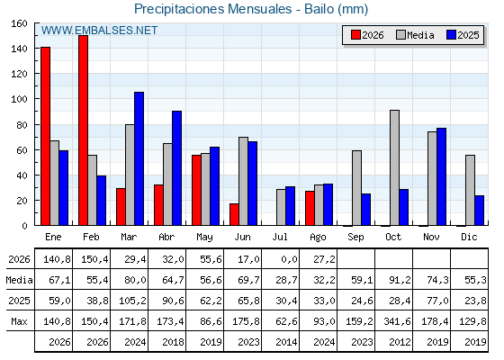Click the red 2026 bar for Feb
click(83, 130)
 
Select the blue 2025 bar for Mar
click(139, 158)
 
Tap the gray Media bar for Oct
click(394, 167)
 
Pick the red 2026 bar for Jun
click(234, 214)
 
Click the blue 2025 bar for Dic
click(479, 211)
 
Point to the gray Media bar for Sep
click(356, 188)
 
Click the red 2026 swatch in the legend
click(355, 35)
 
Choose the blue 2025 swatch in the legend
click(451, 35)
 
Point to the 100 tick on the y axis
click(37, 99)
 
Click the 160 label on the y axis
click(19, 23)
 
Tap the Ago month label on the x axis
click(318, 238)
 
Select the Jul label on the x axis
click(280, 237)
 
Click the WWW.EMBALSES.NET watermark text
click(99, 31)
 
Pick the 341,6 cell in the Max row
click(397, 321)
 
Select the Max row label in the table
click(19, 321)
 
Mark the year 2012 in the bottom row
click(400, 342)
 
